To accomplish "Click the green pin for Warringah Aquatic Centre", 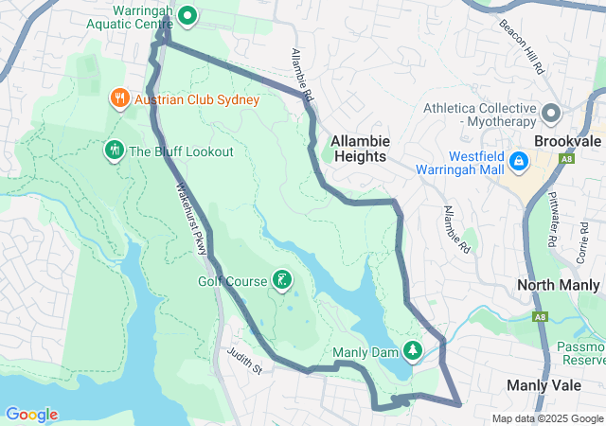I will (x=187, y=15).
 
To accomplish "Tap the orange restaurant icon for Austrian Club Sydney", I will (x=119, y=98).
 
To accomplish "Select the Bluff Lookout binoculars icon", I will (x=114, y=151).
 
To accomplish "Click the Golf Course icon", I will (x=281, y=279).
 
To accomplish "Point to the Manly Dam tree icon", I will (x=413, y=351).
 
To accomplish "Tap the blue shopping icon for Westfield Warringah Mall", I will (x=519, y=162).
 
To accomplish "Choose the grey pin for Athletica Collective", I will (x=552, y=115).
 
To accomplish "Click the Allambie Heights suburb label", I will (x=359, y=149).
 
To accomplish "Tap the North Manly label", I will (x=560, y=285).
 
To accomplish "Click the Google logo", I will (x=31, y=415).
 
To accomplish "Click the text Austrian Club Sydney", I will (x=197, y=99).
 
